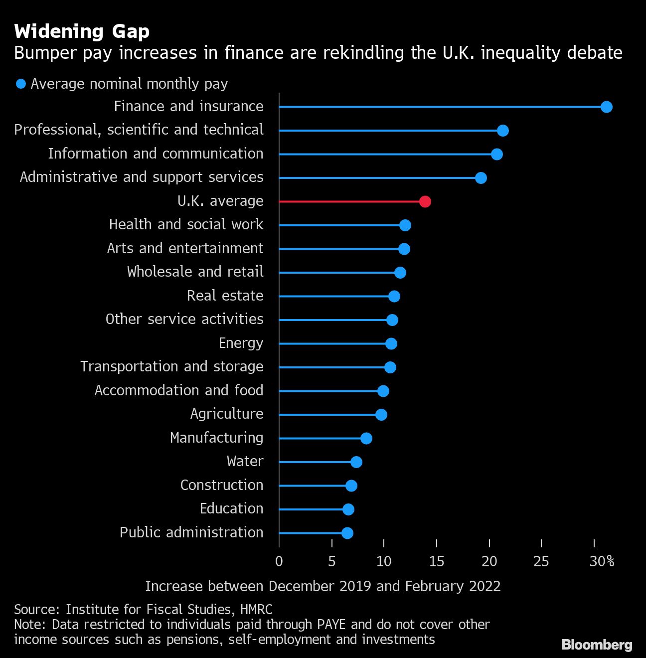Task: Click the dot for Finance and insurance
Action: pos(606,107)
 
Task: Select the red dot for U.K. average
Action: pos(425,201)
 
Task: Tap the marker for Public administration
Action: pos(347,533)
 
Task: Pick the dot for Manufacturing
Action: pos(366,438)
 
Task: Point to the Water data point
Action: pos(356,462)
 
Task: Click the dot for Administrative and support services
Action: pos(481,178)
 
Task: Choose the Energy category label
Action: pos(241,343)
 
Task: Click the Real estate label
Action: pos(225,296)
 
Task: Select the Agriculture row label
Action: pos(227,414)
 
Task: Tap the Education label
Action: pos(231,508)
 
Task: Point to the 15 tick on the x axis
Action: pos(436,561)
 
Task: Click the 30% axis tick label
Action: pos(602,561)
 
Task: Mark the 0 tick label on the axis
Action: pos(279,561)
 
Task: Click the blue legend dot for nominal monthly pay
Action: pos(21,84)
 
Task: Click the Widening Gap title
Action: pos(82,31)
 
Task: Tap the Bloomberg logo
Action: pos(597,645)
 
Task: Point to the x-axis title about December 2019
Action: pos(323,586)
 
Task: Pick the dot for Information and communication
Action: pos(497,154)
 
